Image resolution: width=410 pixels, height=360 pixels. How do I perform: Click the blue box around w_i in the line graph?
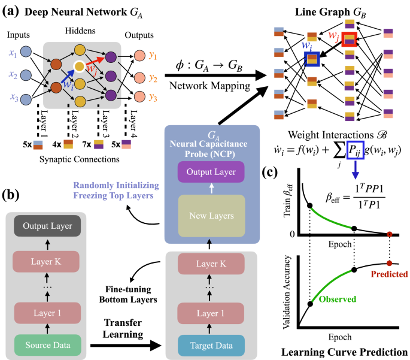[312, 59]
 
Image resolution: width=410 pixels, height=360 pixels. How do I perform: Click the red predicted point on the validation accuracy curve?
[390, 263]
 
